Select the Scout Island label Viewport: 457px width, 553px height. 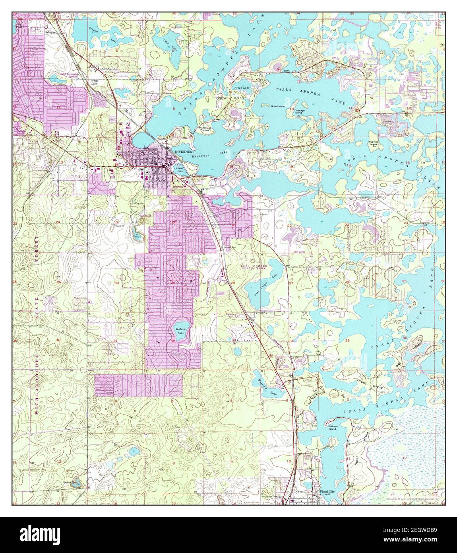279,107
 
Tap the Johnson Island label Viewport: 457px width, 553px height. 332,428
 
